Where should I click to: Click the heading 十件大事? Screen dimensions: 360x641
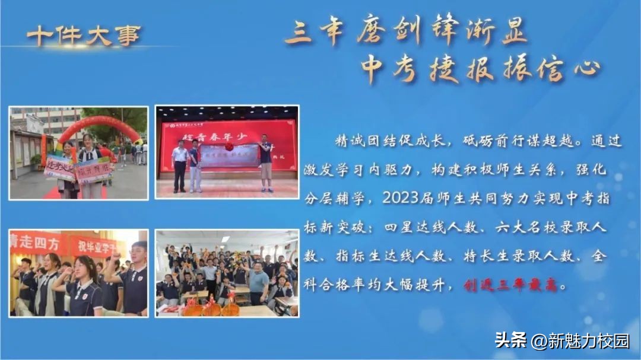coord(82,36)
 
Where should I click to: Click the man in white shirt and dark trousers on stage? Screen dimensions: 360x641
coord(180,165)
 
